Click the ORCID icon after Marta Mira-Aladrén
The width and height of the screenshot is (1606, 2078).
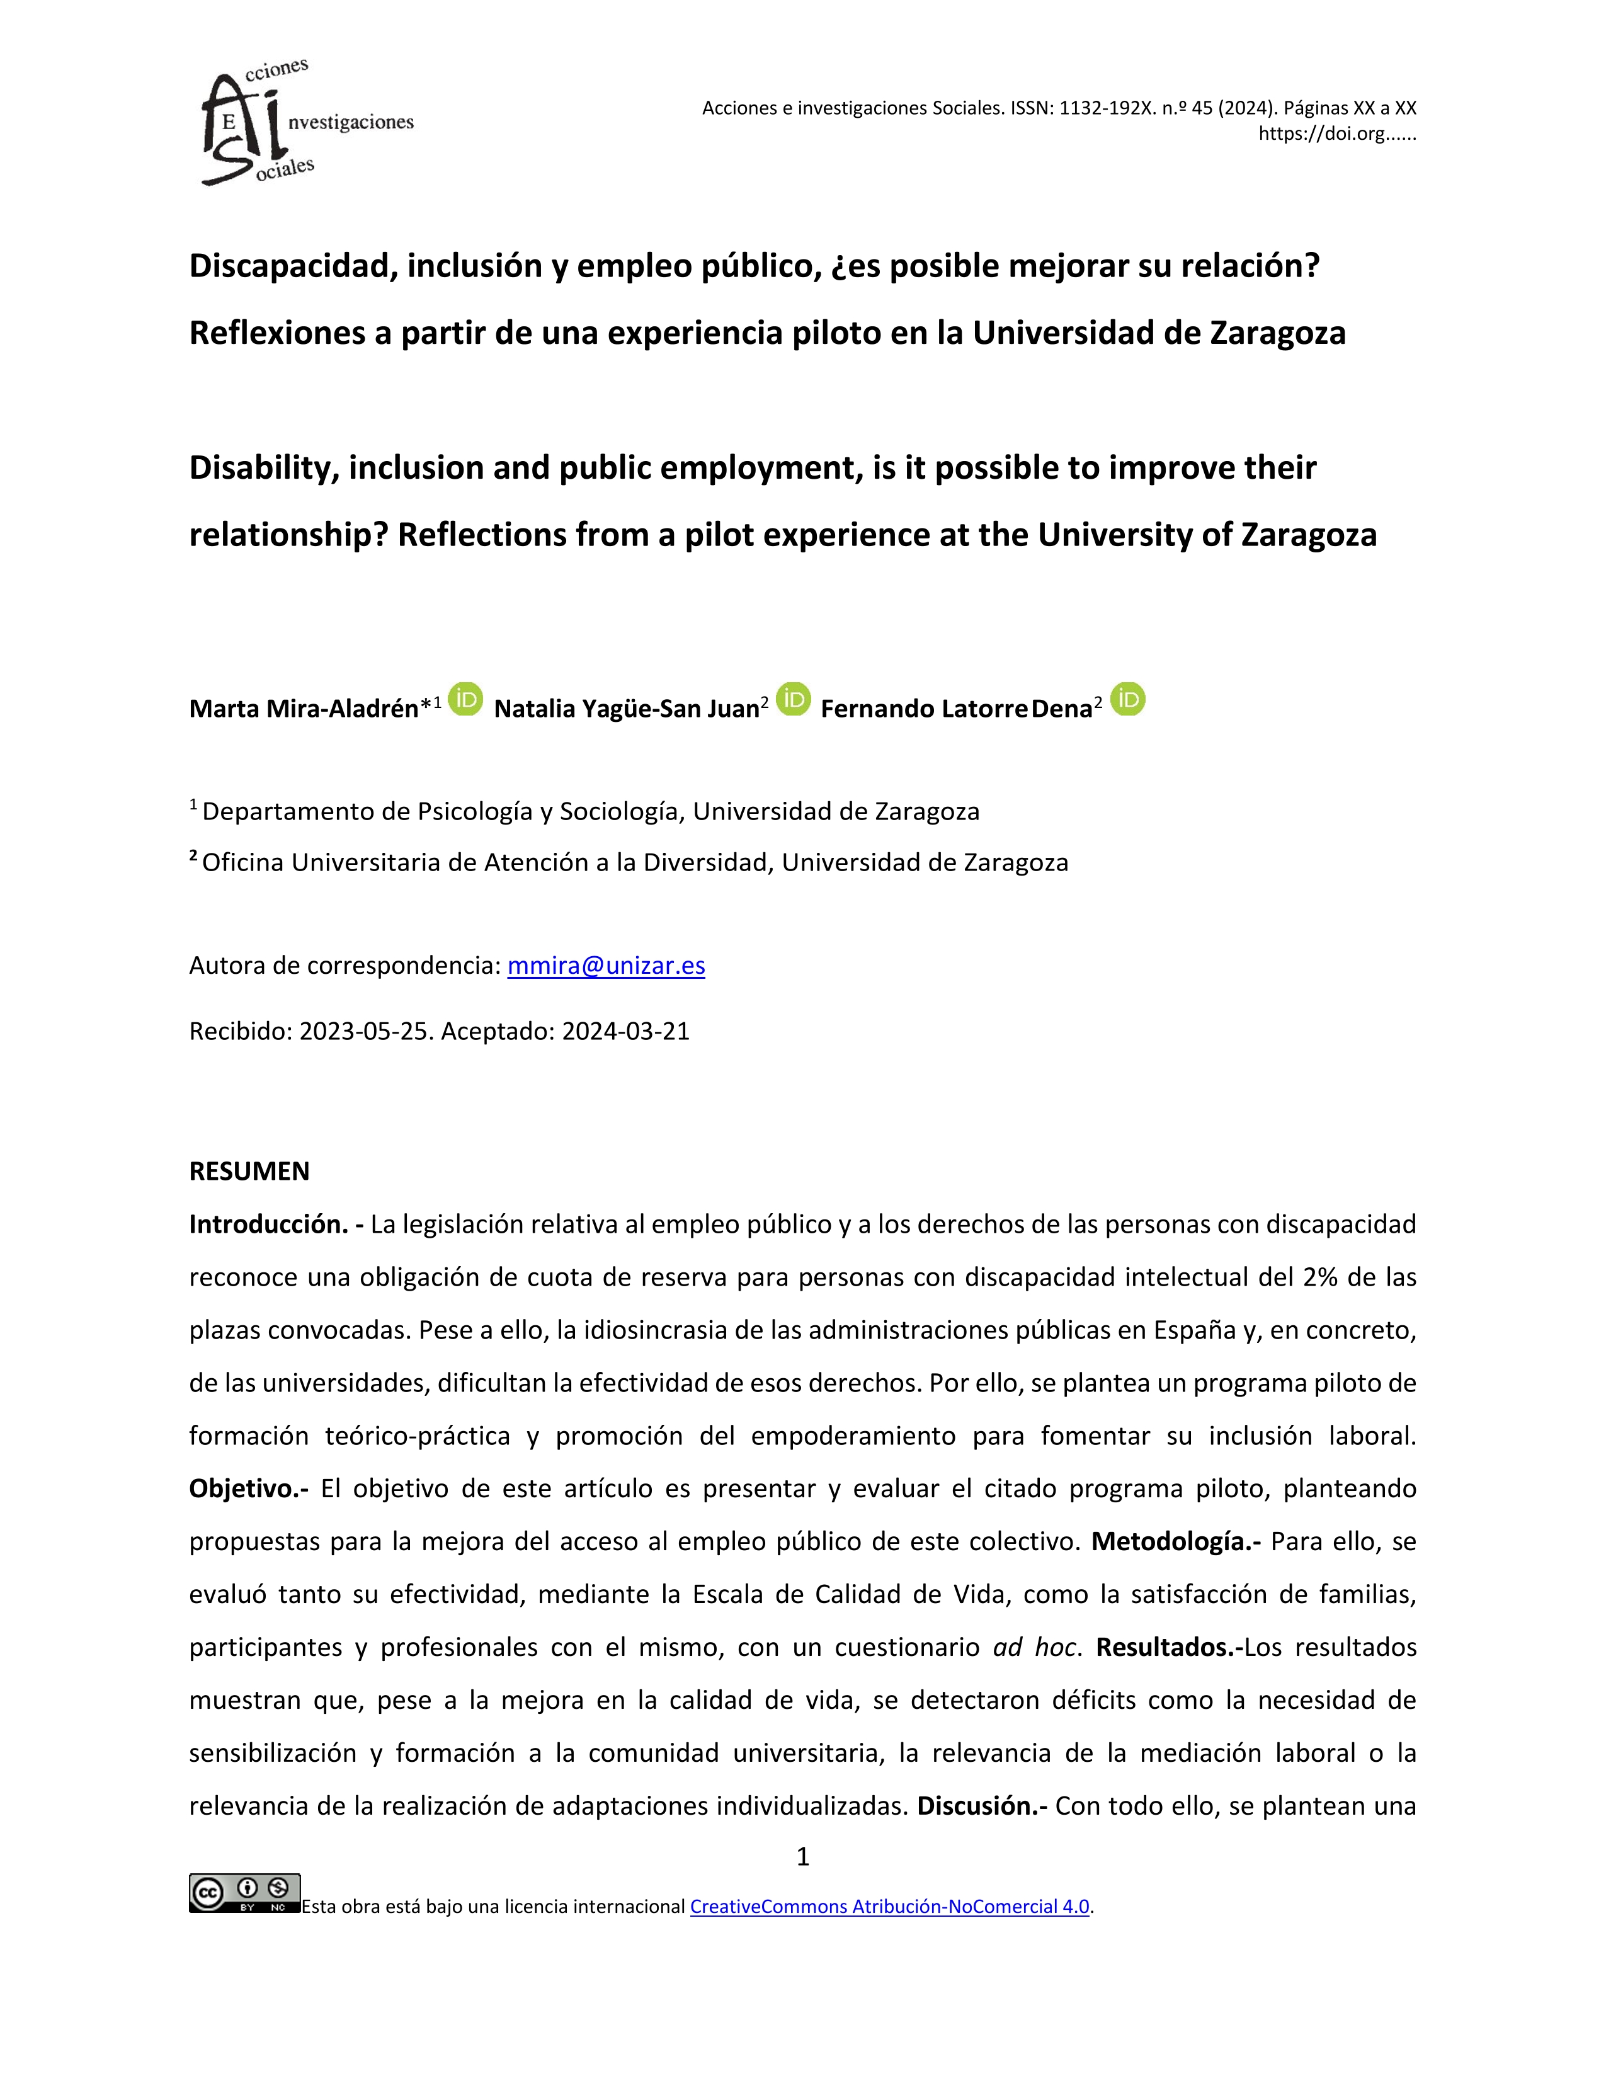[465, 699]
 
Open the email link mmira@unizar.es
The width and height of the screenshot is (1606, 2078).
[606, 966]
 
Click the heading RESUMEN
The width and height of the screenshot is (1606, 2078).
[249, 1171]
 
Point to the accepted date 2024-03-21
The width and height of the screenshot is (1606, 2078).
[625, 1031]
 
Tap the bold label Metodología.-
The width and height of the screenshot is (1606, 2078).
[1175, 1541]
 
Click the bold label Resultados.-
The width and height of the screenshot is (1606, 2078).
[1168, 1648]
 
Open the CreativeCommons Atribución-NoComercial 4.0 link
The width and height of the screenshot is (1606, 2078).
[889, 1907]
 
